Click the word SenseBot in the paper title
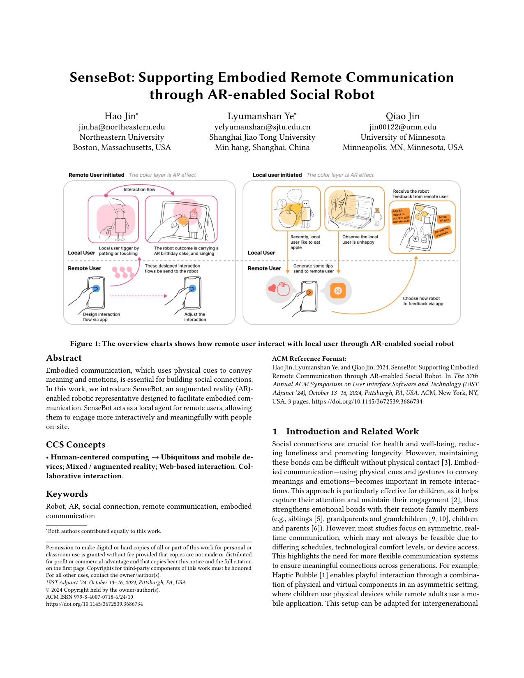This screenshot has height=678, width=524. point(102,78)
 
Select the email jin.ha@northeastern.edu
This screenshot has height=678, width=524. point(122,127)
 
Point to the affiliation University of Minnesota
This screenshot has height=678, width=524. point(402,137)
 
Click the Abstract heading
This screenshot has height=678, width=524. point(64,358)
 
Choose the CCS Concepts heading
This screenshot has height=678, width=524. point(76,445)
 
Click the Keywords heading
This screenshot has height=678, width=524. point(67,494)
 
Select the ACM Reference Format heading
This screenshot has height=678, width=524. point(309,359)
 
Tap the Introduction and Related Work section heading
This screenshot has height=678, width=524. point(352,431)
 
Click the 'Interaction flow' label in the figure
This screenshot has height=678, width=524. point(139,189)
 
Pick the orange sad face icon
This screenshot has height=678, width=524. point(338,291)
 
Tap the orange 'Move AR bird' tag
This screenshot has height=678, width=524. point(444,219)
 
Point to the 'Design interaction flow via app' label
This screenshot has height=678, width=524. point(101,317)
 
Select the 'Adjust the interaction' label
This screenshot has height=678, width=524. point(195,317)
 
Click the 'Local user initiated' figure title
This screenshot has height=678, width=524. point(277,175)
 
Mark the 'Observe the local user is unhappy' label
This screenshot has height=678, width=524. point(360,240)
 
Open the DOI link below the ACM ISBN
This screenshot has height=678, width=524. point(95,604)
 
